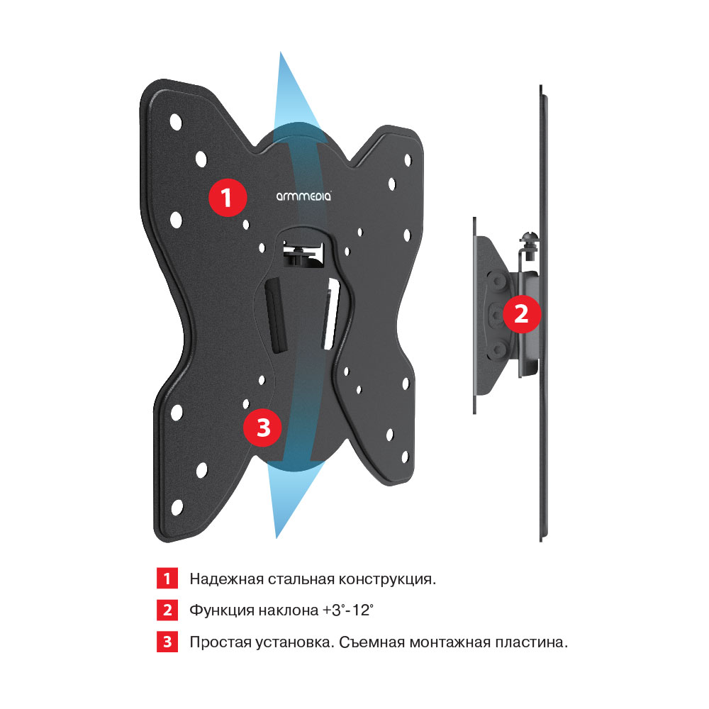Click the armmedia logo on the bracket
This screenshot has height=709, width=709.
[x=303, y=196]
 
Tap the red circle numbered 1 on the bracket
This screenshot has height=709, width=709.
[x=227, y=198]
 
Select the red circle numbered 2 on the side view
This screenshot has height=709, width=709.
[x=521, y=314]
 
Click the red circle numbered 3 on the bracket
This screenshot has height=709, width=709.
[x=263, y=428]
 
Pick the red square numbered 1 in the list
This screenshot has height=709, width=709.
[x=167, y=579]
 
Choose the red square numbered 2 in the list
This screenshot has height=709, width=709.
[x=167, y=610]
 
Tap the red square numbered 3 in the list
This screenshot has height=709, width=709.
[x=167, y=642]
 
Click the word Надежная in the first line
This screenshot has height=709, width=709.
[x=226, y=579]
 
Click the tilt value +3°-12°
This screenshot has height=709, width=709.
[x=347, y=610]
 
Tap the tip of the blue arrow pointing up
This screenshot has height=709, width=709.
[x=280, y=52]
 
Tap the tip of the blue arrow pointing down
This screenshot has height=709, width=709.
[x=277, y=538]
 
